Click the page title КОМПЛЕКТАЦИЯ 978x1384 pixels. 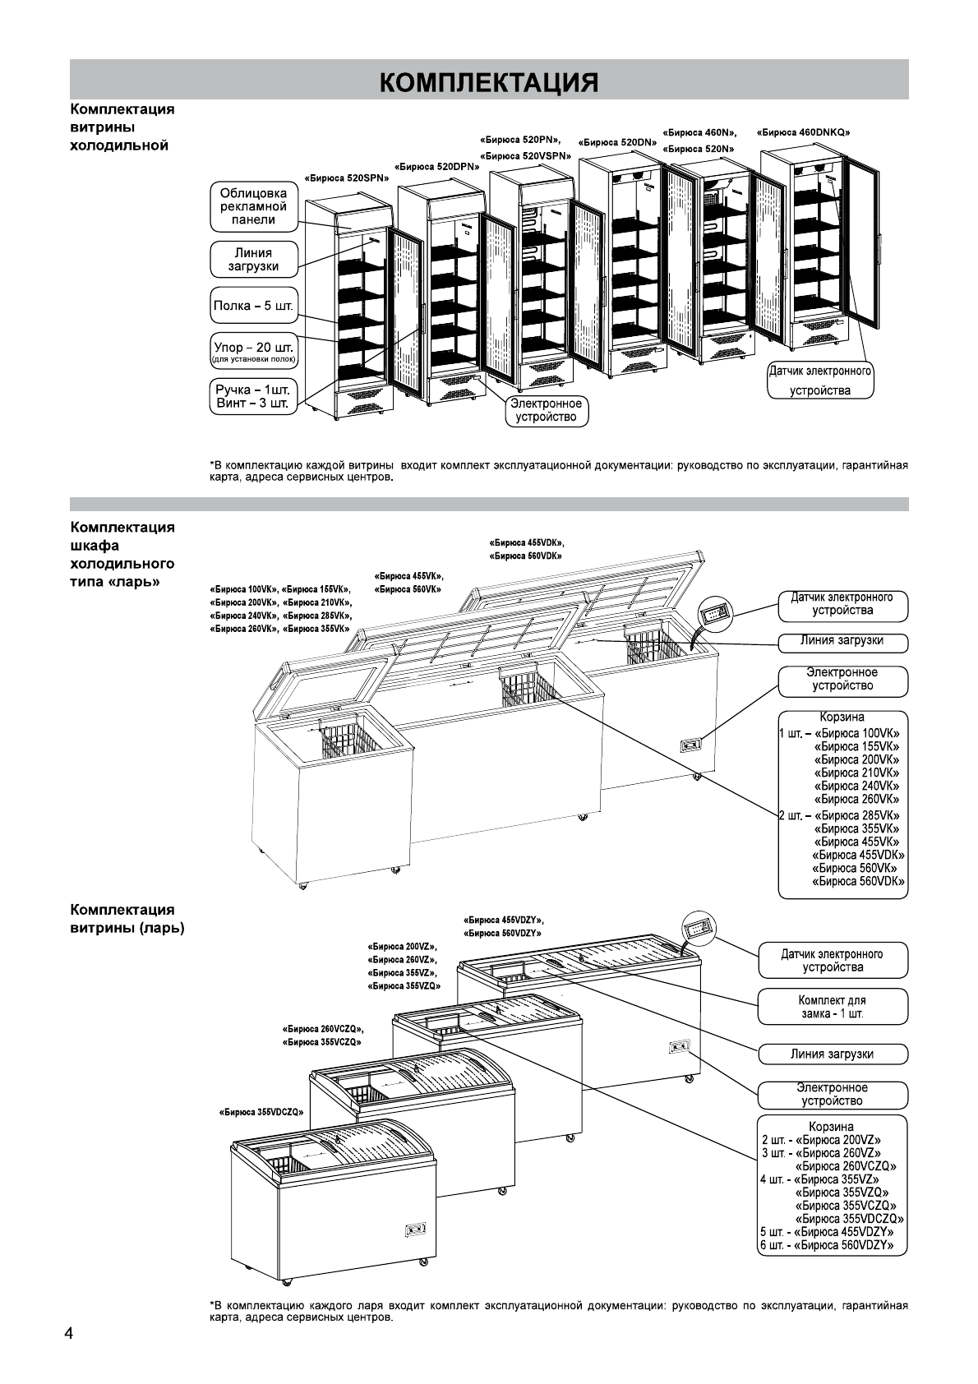point(489,82)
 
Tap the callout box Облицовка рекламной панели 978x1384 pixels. point(253,207)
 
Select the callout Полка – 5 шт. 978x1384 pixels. point(253,306)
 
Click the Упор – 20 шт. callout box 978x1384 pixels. point(253,350)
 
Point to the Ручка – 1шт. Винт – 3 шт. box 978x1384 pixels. point(253,397)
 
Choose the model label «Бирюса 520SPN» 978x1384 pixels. point(347,178)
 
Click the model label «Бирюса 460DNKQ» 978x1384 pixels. point(803,132)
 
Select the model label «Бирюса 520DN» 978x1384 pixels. point(617,142)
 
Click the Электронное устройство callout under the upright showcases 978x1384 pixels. point(546,410)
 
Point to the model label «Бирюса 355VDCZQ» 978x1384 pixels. point(261,1112)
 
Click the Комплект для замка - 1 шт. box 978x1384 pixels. point(833,1007)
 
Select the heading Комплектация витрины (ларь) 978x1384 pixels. point(127,919)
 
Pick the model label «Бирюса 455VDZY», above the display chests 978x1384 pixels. point(503,920)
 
